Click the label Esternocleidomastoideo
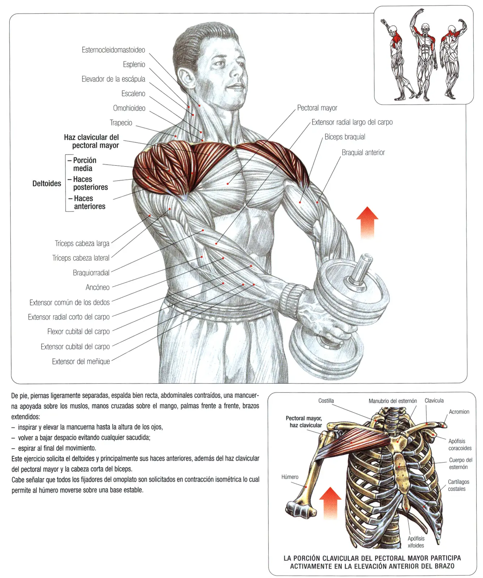point(113,50)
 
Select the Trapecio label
point(121,123)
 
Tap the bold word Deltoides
point(47,183)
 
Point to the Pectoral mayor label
point(317,108)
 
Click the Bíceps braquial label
point(345,137)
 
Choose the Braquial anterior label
point(363,152)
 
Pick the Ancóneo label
point(98,287)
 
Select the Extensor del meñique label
point(81,361)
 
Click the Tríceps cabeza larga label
point(82,243)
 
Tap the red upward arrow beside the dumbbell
point(367,222)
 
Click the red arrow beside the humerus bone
point(330,502)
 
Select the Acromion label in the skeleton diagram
point(459,412)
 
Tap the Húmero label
point(290,477)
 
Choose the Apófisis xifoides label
point(415,542)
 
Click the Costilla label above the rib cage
point(326,401)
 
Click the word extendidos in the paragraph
point(25,417)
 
